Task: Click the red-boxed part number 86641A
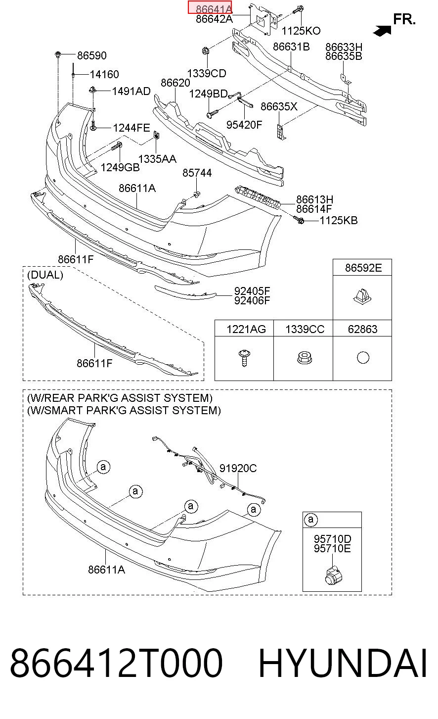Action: (214, 9)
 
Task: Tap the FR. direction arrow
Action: (382, 31)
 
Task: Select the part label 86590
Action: (92, 55)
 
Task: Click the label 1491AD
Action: (131, 91)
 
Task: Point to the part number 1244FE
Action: (131, 128)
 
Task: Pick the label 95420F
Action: (244, 125)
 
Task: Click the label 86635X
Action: (279, 106)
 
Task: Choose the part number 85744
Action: (197, 173)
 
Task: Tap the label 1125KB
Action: (339, 220)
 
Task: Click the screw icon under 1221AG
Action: (244, 358)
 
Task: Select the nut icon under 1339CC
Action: (305, 358)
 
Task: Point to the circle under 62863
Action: (363, 357)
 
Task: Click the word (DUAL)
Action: (45, 275)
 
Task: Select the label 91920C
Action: (238, 468)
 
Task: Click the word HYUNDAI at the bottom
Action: (343, 663)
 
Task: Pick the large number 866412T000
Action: (116, 663)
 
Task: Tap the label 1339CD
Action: (207, 73)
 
